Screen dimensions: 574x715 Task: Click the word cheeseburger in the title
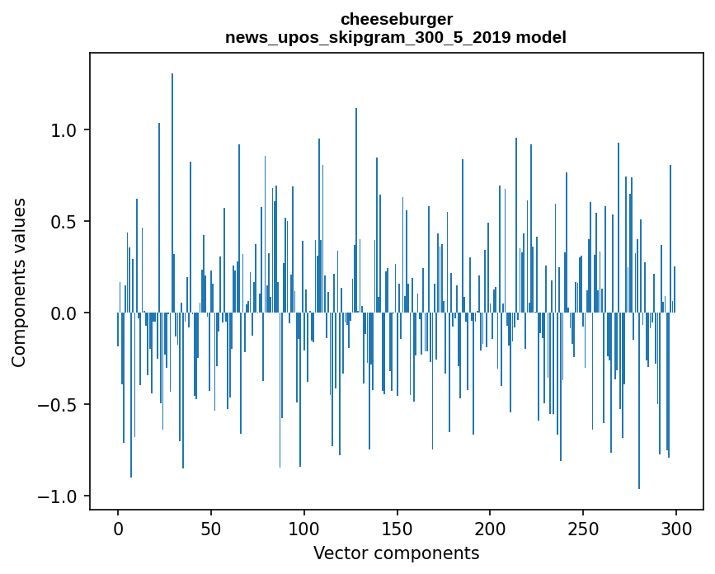tap(396, 19)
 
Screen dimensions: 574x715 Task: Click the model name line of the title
tap(396, 38)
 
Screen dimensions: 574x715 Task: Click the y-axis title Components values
tap(19, 282)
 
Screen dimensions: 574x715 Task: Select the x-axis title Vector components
tap(396, 553)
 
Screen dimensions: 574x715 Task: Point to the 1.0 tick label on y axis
tap(63, 130)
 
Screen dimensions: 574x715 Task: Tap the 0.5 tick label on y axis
tap(63, 222)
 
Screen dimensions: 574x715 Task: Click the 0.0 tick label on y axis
tap(63, 313)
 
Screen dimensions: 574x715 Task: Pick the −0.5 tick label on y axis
tap(57, 405)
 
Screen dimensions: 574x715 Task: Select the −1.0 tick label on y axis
tap(57, 496)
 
